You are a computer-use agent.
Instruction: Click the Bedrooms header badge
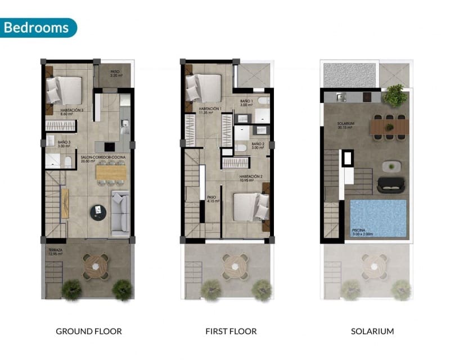click(x=38, y=27)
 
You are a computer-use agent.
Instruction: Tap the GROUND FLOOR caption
click(x=89, y=331)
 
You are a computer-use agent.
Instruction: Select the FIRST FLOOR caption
click(x=231, y=331)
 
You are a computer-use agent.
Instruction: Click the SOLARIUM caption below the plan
click(x=372, y=331)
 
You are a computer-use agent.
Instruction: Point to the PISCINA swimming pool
click(x=378, y=218)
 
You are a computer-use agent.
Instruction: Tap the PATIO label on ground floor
click(x=115, y=73)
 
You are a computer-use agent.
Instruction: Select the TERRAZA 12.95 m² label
click(x=55, y=251)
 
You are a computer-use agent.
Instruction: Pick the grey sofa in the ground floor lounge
click(x=121, y=213)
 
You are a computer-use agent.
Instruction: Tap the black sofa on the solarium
click(x=390, y=184)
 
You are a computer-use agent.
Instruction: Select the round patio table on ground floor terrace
click(x=96, y=265)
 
